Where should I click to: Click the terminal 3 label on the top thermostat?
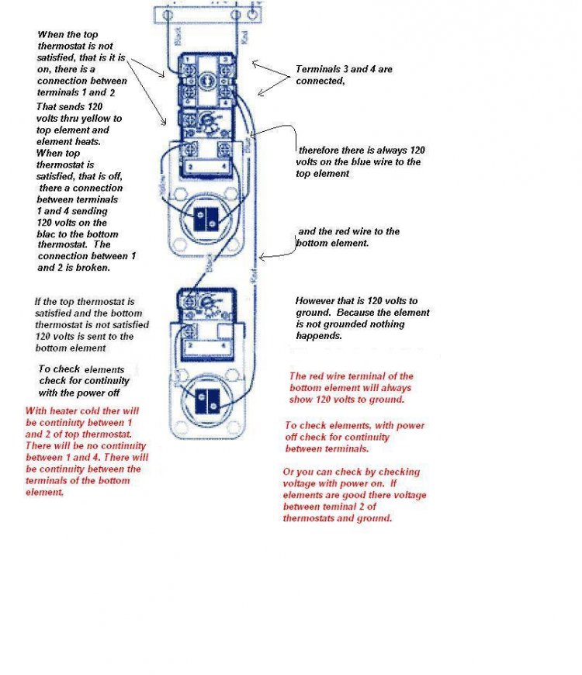223,59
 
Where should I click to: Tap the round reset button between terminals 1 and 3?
206,78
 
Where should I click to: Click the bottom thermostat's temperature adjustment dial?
207,303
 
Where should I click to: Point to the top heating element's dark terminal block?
207,220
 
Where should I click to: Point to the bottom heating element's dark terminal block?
207,400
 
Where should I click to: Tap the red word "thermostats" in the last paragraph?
310,518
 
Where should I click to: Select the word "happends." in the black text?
320,336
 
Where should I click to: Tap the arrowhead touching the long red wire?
262,257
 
